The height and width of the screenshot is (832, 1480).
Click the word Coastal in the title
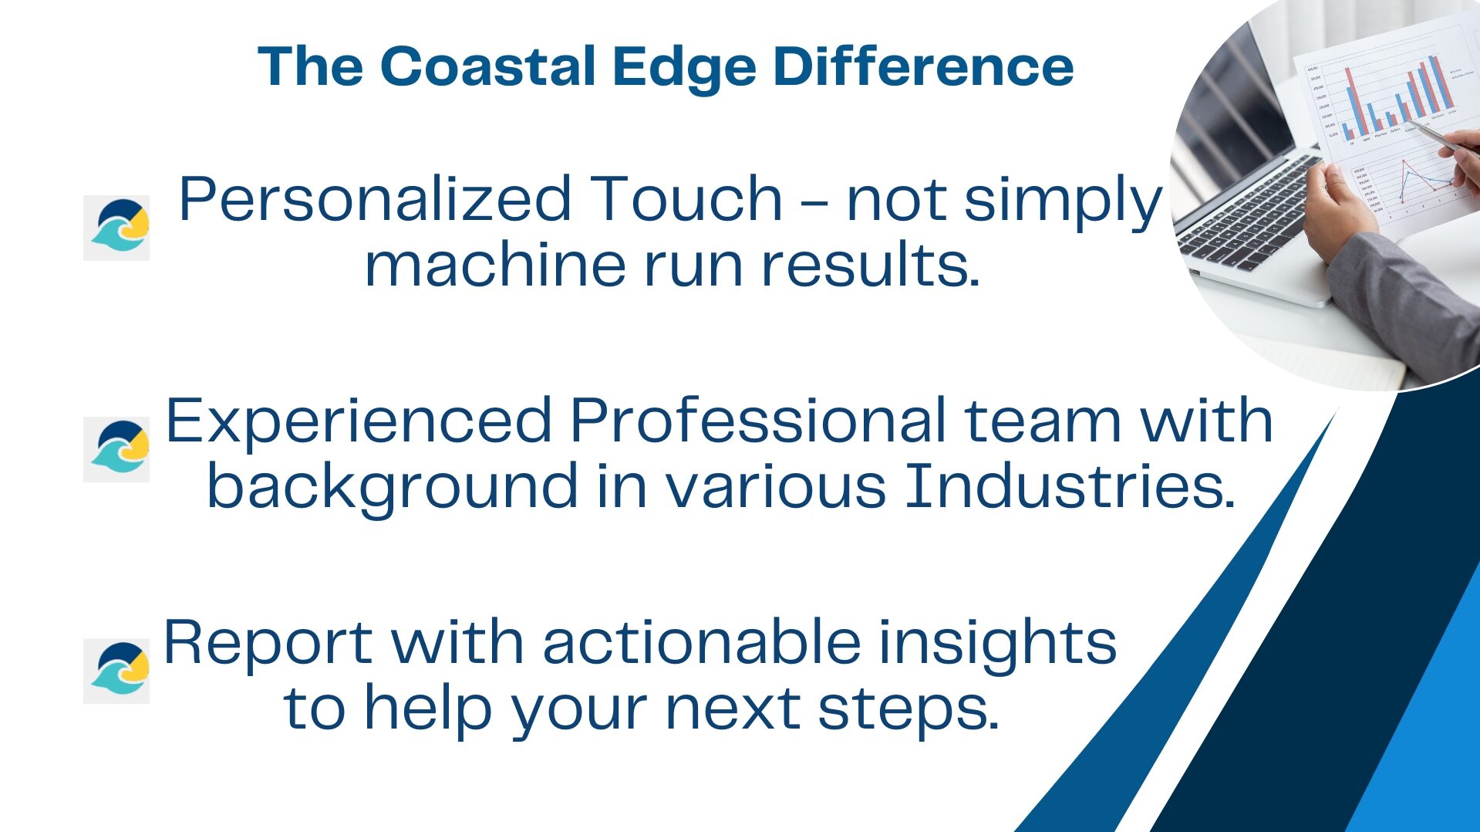[488, 66]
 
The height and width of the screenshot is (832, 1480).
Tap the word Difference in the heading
[923, 66]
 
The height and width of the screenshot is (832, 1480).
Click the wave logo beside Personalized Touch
[116, 228]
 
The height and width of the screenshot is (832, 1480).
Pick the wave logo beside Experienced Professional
[116, 449]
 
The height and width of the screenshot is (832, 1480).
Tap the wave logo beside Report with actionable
[116, 671]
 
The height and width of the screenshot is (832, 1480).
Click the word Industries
[1070, 486]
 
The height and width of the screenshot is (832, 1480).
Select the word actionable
[702, 641]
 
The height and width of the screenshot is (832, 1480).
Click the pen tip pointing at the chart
[1410, 121]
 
